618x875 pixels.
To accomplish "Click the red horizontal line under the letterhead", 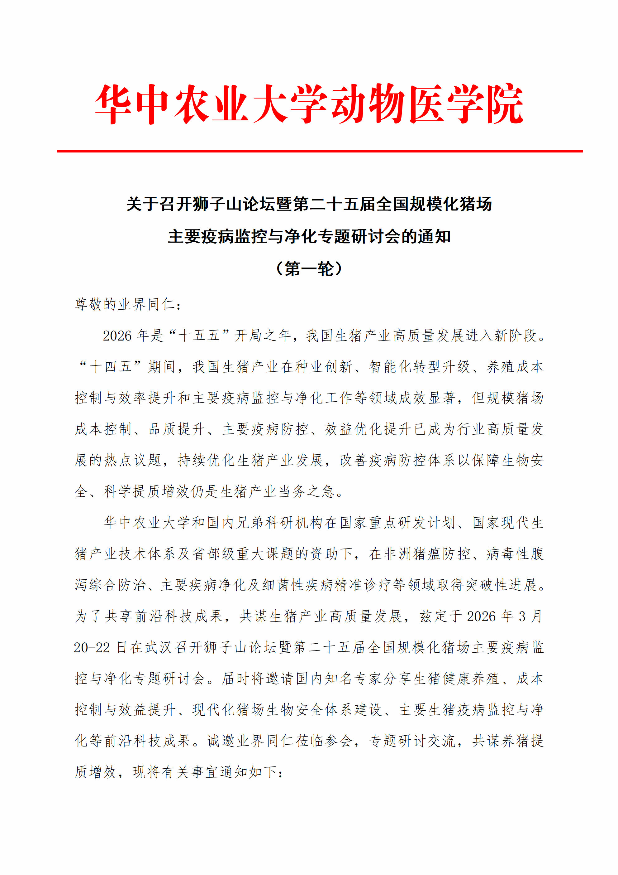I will tap(320, 151).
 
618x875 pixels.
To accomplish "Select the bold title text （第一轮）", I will tap(309, 269).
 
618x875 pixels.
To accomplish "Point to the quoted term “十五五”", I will tap(199, 335).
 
